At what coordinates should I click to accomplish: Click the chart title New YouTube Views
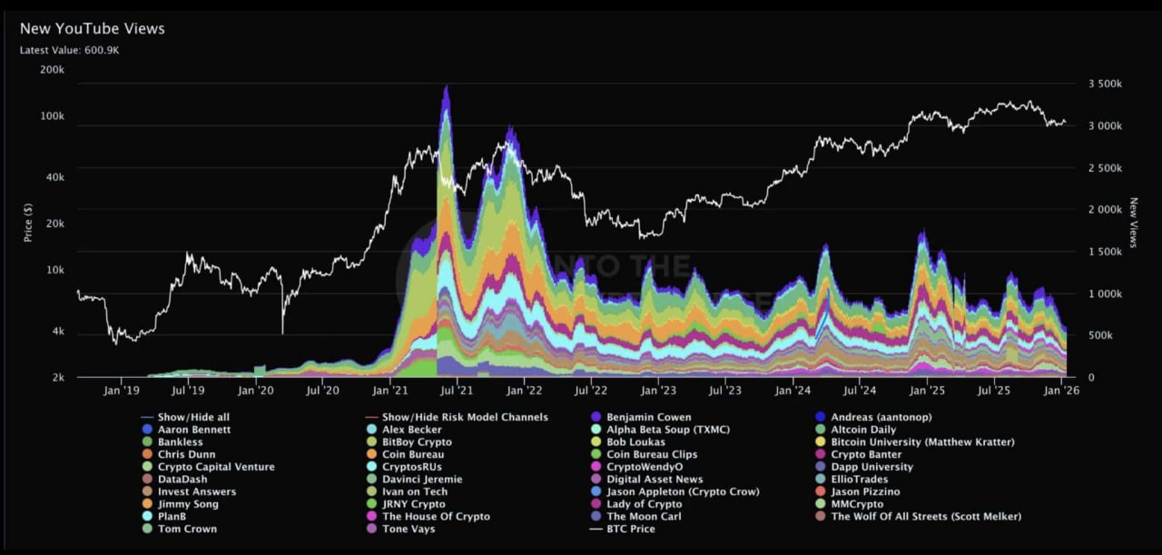point(93,29)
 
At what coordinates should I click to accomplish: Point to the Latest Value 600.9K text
point(70,50)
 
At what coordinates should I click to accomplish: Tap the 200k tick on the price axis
point(53,70)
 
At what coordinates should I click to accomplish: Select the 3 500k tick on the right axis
point(1105,84)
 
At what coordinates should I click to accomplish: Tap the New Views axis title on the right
point(1134,223)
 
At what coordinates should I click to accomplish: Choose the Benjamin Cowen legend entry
point(648,417)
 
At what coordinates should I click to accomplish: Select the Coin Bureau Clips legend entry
point(652,454)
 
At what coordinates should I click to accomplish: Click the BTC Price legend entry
point(630,529)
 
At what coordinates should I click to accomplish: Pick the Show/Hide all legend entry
point(193,417)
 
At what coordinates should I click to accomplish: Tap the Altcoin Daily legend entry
point(862,430)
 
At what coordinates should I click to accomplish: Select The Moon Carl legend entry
point(644,516)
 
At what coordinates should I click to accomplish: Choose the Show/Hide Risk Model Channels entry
point(464,417)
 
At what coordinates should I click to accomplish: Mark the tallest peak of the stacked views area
point(446,87)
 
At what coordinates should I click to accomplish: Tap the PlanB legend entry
point(172,516)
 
